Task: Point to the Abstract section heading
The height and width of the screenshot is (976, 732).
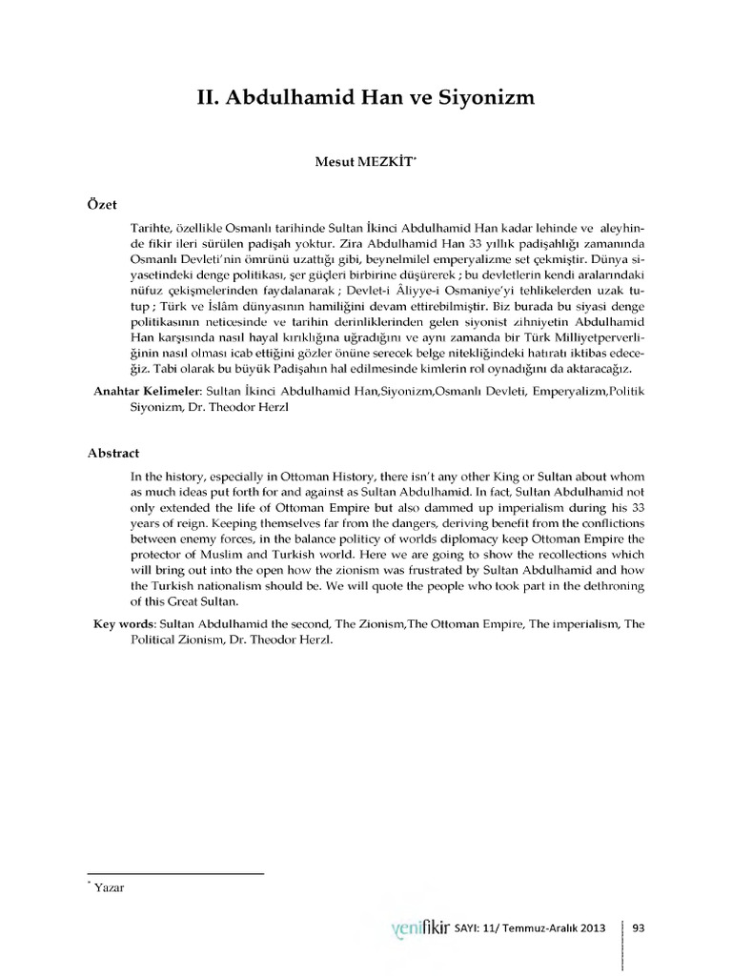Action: tap(112, 455)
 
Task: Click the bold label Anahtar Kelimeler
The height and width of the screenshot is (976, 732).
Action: tap(142, 390)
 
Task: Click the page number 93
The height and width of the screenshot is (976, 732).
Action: tap(639, 926)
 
